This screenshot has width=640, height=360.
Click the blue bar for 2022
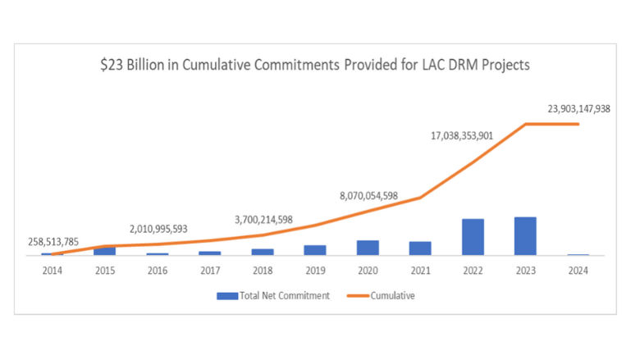[473, 237]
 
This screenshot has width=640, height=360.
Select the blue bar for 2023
[525, 236]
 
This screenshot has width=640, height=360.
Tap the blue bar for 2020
[368, 248]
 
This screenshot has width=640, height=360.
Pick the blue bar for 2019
[315, 250]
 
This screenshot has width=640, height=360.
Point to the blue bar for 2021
[420, 248]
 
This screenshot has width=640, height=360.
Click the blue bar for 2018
[263, 252]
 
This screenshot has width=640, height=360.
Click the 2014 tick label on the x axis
[53, 269]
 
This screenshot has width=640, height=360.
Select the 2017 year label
[210, 269]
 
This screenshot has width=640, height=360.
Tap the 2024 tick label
[578, 269]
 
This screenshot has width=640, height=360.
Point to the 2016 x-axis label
[158, 269]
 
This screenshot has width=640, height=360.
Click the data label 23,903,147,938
[578, 108]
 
